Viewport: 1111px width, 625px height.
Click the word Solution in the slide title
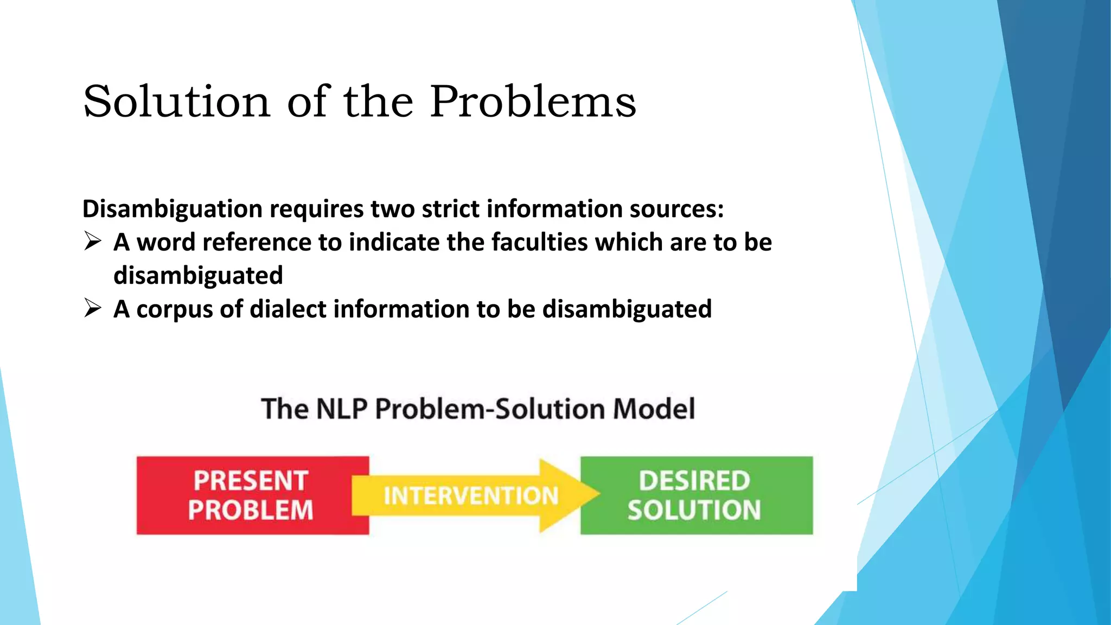tap(176, 101)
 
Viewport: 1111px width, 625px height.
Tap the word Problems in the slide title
tap(533, 101)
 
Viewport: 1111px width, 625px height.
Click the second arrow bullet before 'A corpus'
tap(93, 308)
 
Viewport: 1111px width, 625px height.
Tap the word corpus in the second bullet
tap(174, 310)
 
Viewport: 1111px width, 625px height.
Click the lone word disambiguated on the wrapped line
tap(198, 276)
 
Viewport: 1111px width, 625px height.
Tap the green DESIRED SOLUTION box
tap(697, 495)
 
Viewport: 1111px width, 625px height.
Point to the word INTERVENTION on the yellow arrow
tap(471, 496)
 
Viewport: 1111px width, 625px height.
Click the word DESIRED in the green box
tap(694, 481)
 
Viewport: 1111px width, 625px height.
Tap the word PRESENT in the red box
tap(251, 481)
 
